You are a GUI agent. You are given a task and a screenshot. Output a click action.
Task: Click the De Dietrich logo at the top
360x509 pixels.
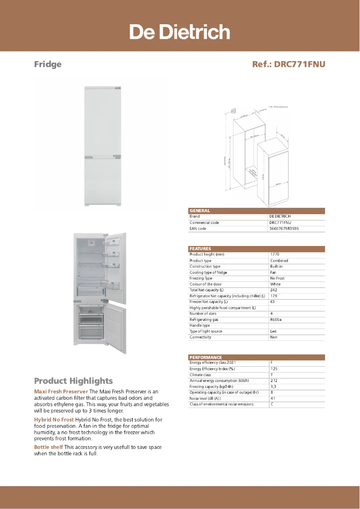(180, 32)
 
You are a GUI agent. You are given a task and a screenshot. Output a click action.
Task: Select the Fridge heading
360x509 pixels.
(48, 64)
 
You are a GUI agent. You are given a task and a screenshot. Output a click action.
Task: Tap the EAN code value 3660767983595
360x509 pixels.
(284, 228)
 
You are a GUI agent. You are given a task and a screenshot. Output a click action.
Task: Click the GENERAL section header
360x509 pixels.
(200, 211)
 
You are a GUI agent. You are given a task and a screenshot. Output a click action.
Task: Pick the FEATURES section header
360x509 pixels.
(200, 249)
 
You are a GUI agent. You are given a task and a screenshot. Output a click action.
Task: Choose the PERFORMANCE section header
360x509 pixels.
(206, 357)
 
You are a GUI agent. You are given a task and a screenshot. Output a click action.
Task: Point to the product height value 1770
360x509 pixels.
(275, 254)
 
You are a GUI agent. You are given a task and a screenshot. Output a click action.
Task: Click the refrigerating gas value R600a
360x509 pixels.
(276, 320)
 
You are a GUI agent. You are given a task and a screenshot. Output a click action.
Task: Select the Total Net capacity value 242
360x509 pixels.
(273, 290)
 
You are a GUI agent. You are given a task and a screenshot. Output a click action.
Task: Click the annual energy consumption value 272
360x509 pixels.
(274, 381)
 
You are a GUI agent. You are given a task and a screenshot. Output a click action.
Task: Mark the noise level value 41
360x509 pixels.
(272, 398)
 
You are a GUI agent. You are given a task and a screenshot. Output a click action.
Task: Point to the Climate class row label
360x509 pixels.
(200, 375)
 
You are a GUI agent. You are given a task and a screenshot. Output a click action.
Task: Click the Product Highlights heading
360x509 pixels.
(73, 381)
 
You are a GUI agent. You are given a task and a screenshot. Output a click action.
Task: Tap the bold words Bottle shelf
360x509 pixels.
(48, 447)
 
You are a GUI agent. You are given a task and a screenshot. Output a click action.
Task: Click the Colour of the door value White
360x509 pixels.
(275, 284)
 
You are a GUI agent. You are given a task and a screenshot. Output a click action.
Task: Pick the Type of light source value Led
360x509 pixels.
(273, 331)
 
